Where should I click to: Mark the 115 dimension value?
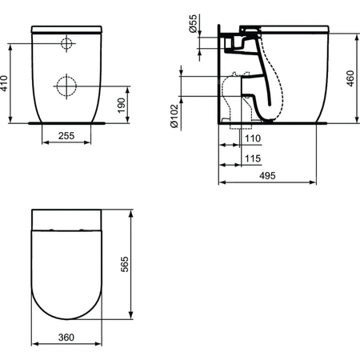(250, 158)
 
